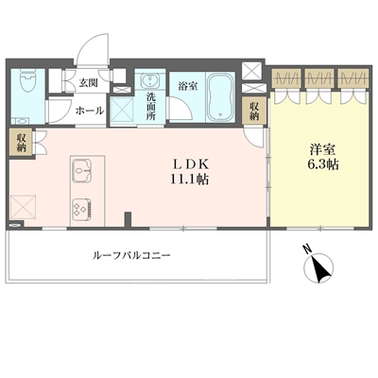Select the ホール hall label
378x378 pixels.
click(90, 111)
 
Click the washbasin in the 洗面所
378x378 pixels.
click(150, 80)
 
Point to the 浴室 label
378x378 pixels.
click(188, 86)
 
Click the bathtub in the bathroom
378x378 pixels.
click(220, 97)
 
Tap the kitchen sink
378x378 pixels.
click(82, 171)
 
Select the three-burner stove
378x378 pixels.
click(82, 209)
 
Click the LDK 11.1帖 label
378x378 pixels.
click(189, 172)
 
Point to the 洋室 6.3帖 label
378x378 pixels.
click(323, 157)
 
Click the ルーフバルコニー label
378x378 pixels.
click(131, 255)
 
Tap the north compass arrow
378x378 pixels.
click(318, 267)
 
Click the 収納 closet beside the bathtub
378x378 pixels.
click(254, 111)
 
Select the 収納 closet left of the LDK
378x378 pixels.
click(21, 142)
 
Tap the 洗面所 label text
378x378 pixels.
click(150, 107)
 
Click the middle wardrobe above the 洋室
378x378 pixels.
click(318, 78)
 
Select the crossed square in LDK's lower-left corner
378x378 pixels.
click(24, 208)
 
